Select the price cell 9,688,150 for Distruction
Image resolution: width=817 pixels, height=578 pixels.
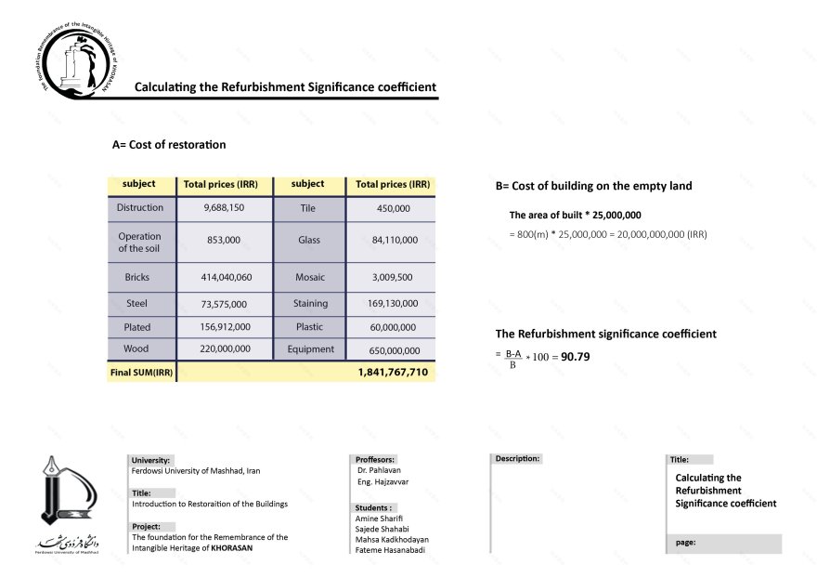point(224,208)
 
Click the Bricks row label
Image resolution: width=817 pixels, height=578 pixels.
point(143,277)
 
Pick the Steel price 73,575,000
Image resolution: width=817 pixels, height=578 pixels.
point(224,304)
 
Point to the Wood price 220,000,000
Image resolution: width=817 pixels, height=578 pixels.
point(224,350)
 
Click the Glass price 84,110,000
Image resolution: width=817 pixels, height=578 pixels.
point(393,241)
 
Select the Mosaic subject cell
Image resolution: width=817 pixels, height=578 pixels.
point(310,277)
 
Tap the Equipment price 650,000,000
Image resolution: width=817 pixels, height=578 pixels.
point(393,351)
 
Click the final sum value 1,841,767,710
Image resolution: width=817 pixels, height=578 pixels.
point(393,372)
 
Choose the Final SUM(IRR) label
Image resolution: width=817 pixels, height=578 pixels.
point(142,372)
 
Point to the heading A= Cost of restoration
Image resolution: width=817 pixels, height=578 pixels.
point(169,145)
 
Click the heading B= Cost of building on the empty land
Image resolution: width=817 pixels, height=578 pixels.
point(593,186)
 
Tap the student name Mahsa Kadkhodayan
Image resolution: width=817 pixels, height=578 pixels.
point(392,540)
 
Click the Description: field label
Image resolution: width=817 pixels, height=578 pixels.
point(517,459)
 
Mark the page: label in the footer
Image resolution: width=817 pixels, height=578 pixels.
point(686,543)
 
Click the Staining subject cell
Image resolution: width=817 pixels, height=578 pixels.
point(310,303)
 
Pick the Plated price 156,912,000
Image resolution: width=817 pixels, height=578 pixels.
point(224,327)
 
